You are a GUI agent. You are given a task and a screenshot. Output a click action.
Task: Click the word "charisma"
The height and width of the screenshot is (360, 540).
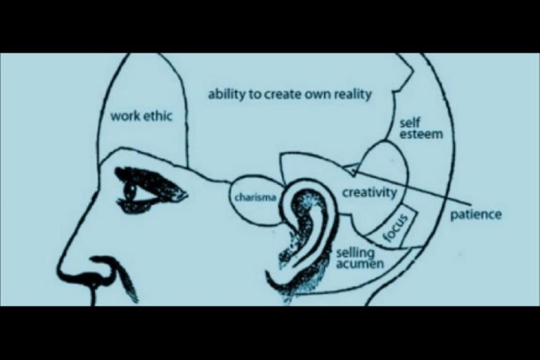click(255, 198)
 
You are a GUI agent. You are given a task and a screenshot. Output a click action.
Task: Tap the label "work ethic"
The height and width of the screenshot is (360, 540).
click(141, 116)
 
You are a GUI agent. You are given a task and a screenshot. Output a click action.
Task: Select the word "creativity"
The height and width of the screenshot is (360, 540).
click(369, 193)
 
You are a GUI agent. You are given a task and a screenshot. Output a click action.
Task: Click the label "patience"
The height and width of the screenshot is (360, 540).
click(476, 214)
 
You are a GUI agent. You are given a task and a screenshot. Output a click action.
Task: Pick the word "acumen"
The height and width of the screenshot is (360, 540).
click(359, 264)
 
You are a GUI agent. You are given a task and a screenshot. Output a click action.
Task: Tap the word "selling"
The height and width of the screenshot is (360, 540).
click(355, 253)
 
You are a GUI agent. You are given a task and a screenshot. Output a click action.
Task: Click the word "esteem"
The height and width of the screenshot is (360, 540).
click(421, 134)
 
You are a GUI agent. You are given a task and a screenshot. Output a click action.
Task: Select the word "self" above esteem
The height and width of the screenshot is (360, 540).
click(410, 122)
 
